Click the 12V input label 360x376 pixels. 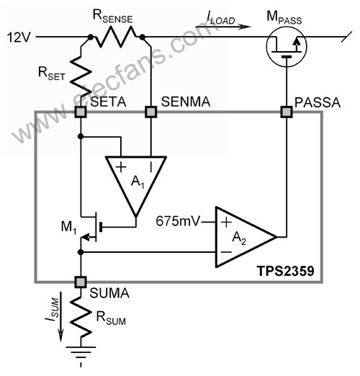point(19,37)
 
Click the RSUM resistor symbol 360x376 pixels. point(81,318)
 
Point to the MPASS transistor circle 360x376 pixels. point(287,47)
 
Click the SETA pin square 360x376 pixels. point(81,112)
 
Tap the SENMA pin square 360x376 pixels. point(151,112)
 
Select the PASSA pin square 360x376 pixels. point(287,112)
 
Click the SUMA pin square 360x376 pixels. point(81,282)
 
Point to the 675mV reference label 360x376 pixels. point(178,221)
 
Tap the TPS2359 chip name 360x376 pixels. point(286,271)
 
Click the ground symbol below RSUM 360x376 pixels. point(81,355)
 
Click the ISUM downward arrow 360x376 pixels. point(61,316)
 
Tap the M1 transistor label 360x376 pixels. point(69,227)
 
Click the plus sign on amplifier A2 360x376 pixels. point(226,222)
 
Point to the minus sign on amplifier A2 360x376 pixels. point(226,252)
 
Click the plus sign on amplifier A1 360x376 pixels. point(121,167)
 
